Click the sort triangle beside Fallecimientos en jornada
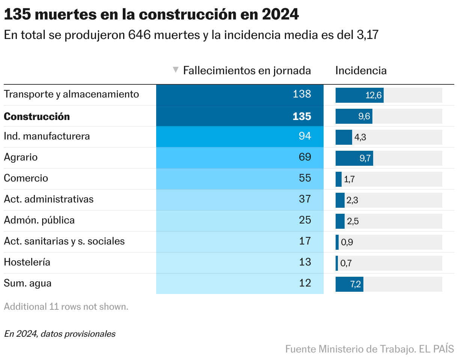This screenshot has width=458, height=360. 175,70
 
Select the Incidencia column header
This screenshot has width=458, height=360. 361,70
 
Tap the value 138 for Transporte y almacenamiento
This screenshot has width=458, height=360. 302,94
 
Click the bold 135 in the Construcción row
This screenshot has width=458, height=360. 302,117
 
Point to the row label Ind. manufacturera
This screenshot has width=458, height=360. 47,136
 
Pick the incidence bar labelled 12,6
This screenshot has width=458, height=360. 359,95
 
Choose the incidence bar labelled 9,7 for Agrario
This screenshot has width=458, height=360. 354,158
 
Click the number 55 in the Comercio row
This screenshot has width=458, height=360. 305,178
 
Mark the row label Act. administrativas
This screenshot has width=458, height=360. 49,199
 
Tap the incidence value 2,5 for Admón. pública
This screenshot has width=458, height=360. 353,221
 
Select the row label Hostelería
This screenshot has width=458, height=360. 27,262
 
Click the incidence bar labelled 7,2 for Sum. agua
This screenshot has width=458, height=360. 349,284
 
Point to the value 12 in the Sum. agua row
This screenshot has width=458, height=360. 305,283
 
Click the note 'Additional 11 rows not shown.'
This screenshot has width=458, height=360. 66,307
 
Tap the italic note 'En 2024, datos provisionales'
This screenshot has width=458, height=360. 60,334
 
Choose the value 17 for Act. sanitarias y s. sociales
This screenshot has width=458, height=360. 305,241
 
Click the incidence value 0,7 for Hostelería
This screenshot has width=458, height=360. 346,263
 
